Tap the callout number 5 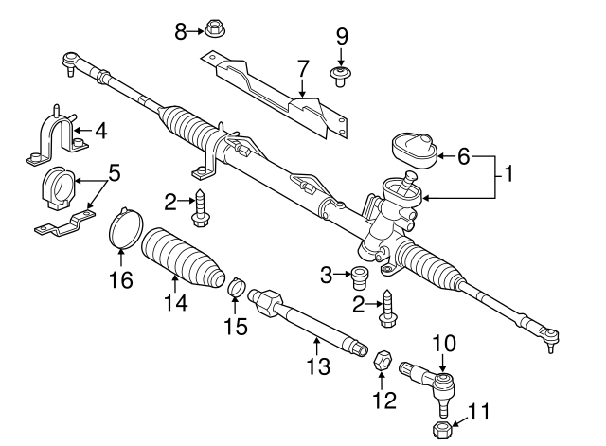tap(114, 174)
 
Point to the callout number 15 tap(236, 327)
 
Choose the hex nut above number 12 tap(384, 360)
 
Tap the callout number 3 tap(327, 276)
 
